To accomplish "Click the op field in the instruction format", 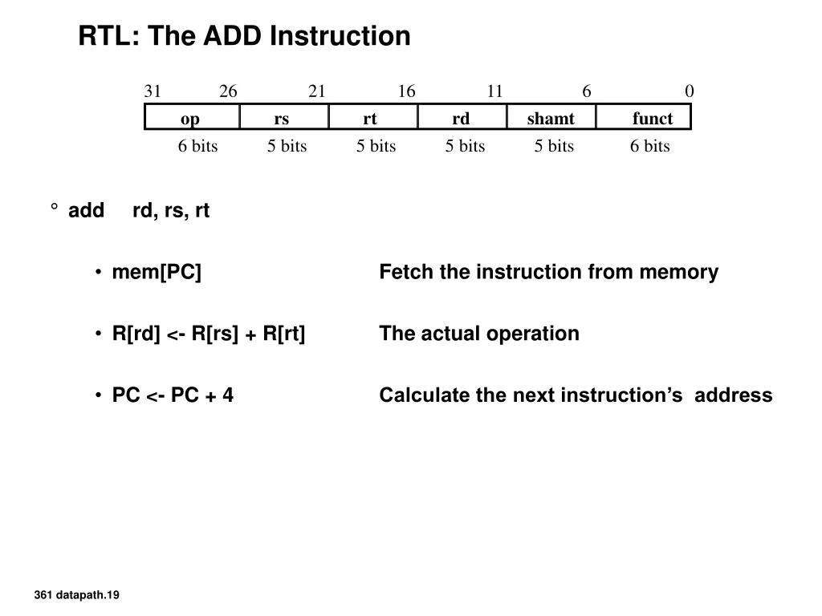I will point(191,119).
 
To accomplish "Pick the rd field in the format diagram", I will point(461,119).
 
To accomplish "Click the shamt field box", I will point(551,119).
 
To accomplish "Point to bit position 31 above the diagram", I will point(153,91).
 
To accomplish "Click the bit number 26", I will point(228,91).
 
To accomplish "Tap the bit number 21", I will point(317,91).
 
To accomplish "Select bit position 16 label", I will point(406,91).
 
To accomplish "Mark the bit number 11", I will point(494,91).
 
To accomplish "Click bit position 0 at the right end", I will point(689,91).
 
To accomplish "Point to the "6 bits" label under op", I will point(197,146).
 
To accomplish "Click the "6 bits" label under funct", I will point(649,146).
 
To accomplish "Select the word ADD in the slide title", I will point(234,36).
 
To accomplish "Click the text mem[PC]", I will point(157,273).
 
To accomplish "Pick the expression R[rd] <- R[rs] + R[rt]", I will point(209,334).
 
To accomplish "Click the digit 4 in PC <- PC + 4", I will point(228,395).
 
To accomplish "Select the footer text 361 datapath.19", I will point(77,594).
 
